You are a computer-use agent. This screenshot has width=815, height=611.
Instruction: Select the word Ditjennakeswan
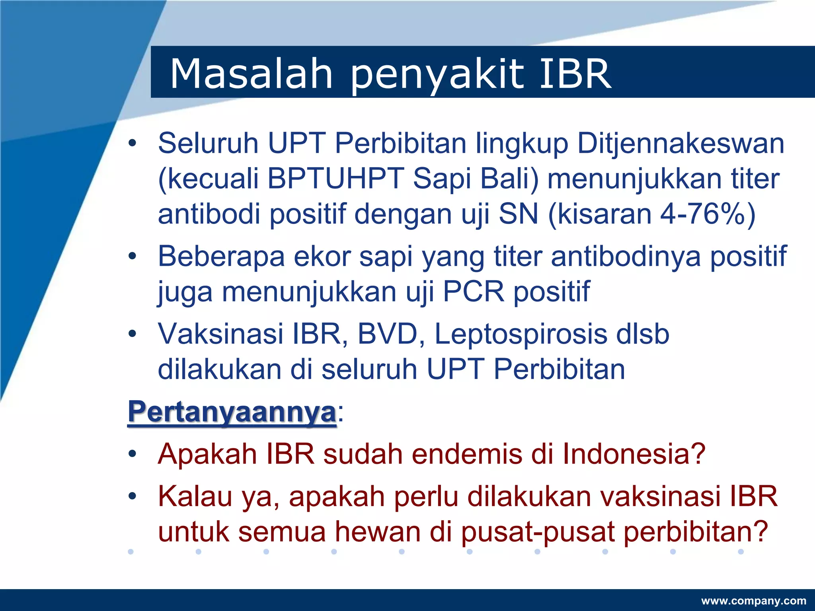click(680, 143)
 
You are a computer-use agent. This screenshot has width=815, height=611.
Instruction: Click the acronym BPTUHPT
click(335, 179)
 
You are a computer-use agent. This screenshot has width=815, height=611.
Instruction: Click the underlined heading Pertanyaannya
click(232, 412)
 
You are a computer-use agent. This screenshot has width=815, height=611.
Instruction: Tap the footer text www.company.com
click(753, 601)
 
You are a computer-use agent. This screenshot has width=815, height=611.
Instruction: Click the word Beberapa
click(221, 257)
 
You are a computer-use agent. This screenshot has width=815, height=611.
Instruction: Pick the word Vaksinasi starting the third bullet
click(220, 334)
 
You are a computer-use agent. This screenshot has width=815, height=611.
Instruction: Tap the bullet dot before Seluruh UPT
click(133, 143)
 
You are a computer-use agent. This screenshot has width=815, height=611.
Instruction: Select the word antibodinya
click(626, 257)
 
